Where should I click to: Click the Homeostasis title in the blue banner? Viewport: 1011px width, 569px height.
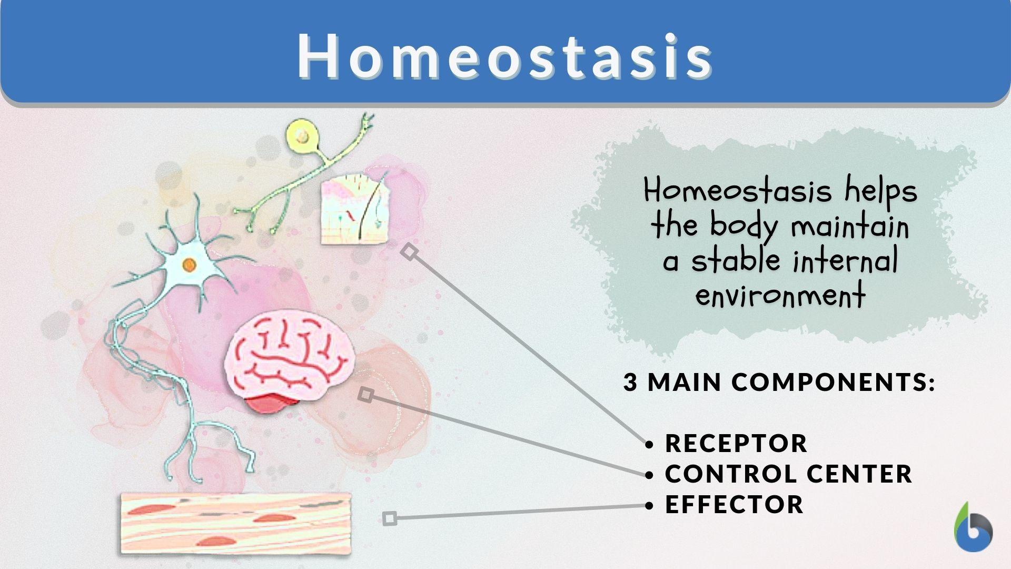504,56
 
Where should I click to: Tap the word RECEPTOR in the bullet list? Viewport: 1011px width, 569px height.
736,444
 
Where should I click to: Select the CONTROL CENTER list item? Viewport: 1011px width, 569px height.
788,474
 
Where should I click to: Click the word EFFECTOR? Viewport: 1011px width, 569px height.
734,505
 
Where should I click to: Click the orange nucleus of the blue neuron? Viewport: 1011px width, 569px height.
190,265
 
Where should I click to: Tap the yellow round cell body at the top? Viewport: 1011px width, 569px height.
302,136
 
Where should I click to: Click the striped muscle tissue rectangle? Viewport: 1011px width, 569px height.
236,523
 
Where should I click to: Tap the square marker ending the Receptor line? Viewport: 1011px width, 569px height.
410,252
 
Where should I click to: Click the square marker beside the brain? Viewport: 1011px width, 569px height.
366,395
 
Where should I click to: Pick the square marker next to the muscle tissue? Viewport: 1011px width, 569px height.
390,518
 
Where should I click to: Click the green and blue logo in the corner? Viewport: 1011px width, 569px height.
973,528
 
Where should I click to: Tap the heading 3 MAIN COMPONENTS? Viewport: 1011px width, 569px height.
778,382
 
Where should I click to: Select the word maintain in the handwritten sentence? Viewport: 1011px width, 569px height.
850,227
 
